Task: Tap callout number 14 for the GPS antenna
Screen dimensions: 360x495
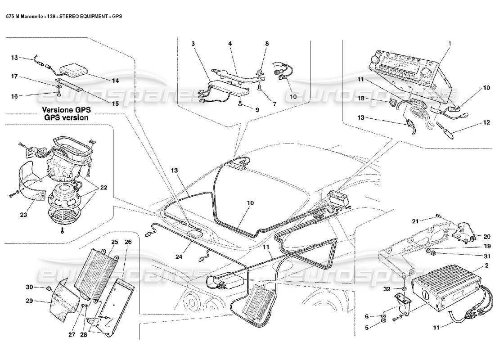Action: point(116,81)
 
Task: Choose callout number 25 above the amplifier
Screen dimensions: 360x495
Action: point(115,242)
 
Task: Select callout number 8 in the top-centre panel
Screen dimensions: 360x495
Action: point(267,44)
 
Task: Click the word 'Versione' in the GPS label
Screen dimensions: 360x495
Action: point(57,109)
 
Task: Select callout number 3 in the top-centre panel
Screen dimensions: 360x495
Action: point(193,44)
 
